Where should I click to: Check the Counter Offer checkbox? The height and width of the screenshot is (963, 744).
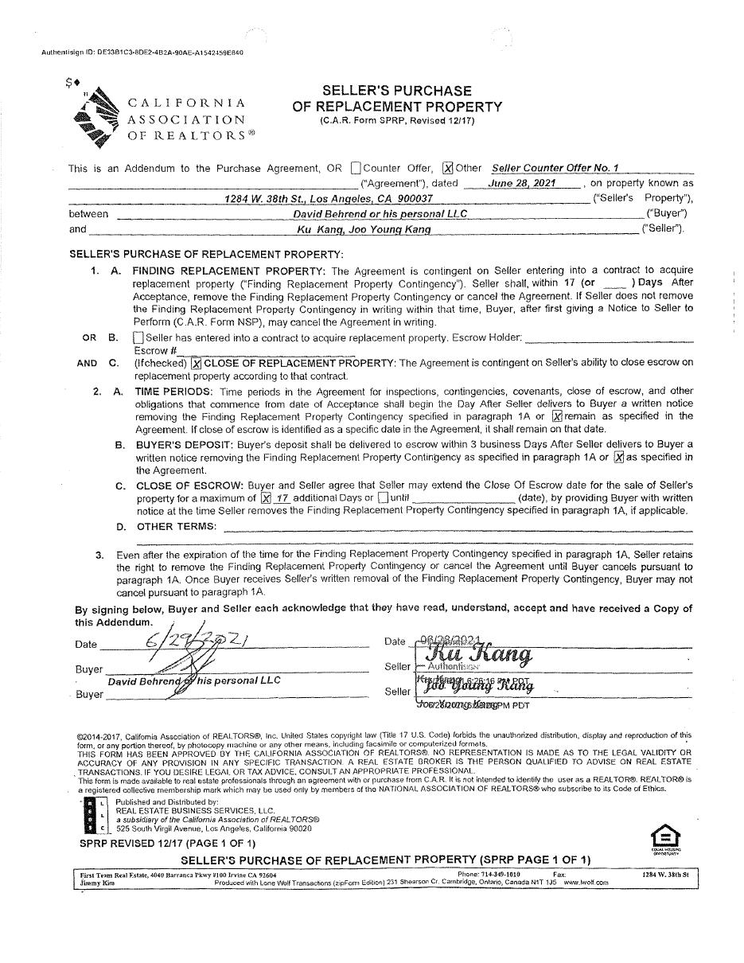355,168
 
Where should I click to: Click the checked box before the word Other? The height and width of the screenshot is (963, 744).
448,168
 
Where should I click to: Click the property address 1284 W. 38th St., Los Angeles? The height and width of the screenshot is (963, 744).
329,198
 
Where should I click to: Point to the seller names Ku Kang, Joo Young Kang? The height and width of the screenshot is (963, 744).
364,229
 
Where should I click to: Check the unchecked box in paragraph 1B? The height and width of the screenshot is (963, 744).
138,337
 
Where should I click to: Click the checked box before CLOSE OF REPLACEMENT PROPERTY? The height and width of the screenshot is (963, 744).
196,363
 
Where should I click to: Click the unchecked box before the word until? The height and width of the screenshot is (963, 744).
383,497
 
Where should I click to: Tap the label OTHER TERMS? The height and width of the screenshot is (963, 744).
176,526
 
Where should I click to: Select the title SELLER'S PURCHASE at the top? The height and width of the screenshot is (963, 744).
396,91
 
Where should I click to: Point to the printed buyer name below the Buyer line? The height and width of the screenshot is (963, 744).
194,680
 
